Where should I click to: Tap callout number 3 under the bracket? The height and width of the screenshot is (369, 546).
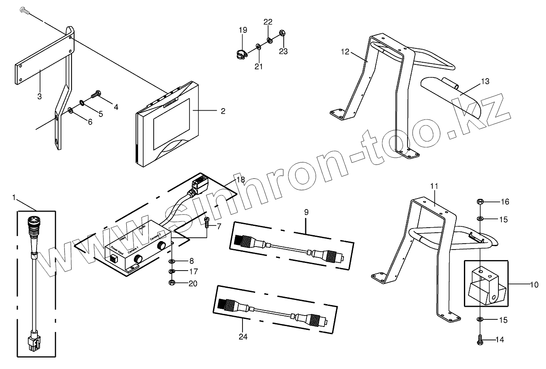39,96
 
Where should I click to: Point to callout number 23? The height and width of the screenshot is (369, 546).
283,51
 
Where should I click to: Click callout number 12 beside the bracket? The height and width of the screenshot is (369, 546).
345,52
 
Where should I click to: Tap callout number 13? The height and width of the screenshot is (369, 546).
485,82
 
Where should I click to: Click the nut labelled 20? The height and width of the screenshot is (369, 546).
172,283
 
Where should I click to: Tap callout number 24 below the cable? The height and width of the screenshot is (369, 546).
242,336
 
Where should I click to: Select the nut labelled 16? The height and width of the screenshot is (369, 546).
480,202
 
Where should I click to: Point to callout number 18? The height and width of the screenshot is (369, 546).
240,180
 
